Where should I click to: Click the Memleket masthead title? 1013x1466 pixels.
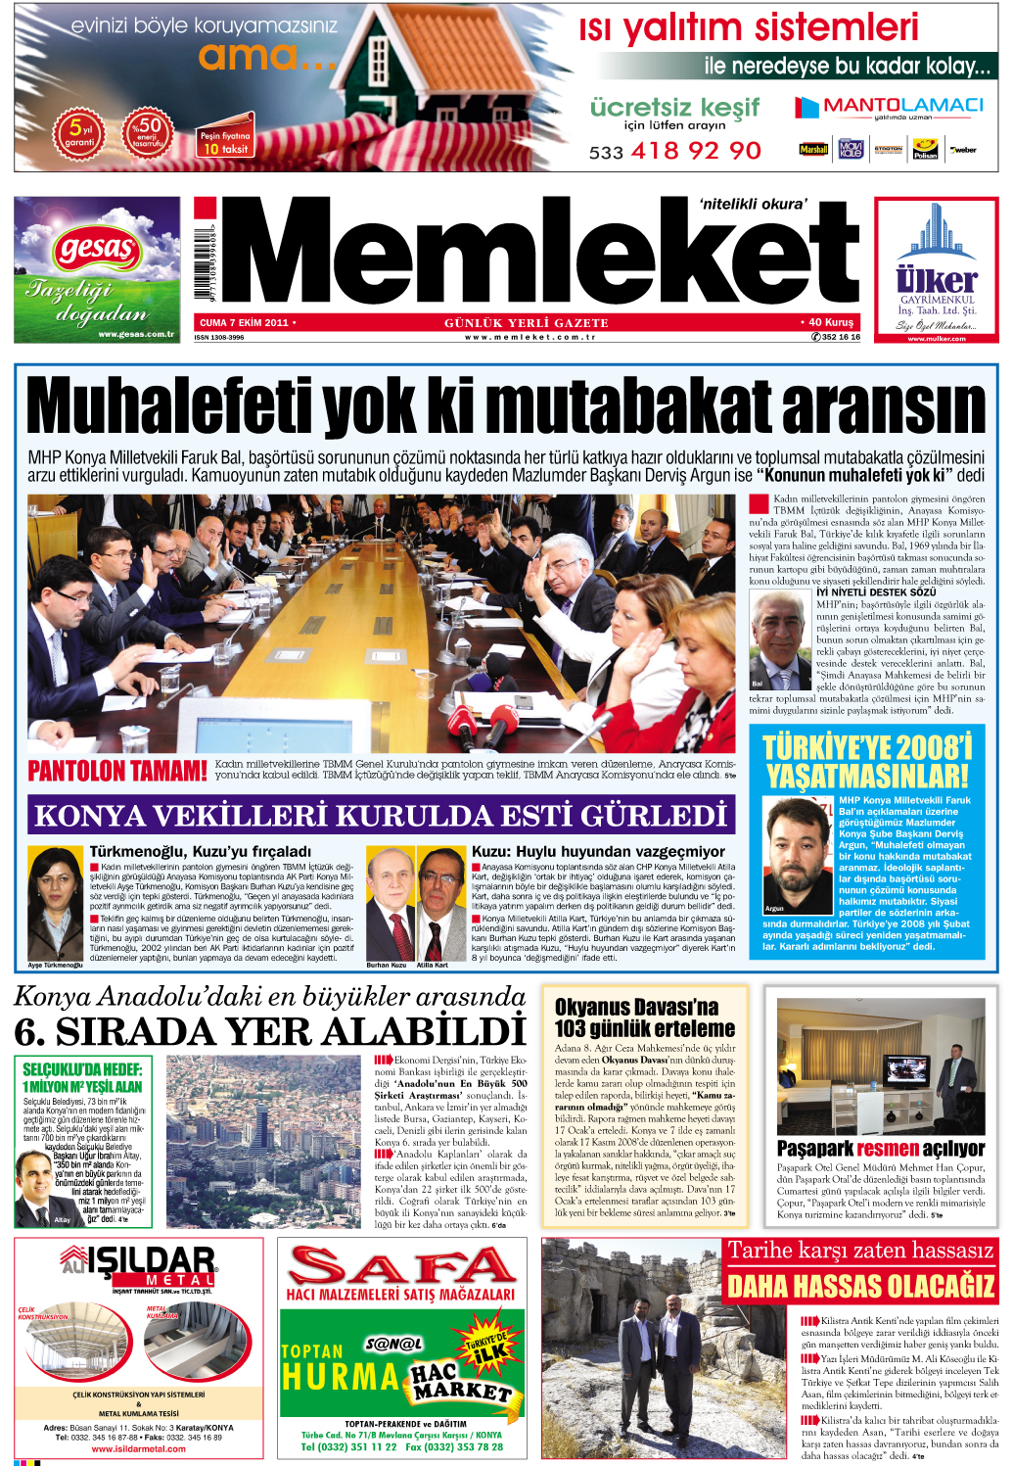point(538,253)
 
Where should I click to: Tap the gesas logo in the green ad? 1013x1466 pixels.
point(96,248)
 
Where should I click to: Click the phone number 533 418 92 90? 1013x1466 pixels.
point(674,151)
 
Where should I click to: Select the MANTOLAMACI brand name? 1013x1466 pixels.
point(902,105)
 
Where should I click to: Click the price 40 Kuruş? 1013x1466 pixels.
point(830,322)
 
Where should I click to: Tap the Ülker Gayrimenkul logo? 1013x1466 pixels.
point(936,279)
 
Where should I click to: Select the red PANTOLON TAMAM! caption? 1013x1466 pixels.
point(117,772)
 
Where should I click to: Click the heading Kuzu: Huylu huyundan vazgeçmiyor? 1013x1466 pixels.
point(598,852)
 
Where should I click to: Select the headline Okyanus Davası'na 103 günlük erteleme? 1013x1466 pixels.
point(644,1017)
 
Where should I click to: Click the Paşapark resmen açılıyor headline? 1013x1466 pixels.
point(880,1148)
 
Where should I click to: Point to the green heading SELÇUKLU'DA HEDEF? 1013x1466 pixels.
point(82,1069)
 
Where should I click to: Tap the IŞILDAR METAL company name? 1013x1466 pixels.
point(149,1263)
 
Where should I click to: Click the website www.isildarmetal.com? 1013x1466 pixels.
point(138,1448)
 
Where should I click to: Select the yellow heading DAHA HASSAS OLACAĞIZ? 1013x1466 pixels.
point(860,1286)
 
